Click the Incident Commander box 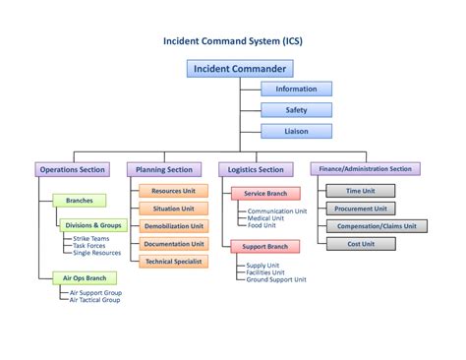point(240,69)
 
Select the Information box point(296,90)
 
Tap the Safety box point(296,110)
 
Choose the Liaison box point(296,131)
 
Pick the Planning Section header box point(164,169)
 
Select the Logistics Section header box point(256,169)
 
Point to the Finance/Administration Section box point(366,169)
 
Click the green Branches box point(79,201)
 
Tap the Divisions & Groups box point(93,225)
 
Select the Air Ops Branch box point(83,278)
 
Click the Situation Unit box point(173,209)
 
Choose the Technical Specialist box point(173,262)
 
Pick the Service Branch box point(264,194)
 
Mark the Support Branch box point(264,246)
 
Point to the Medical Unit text point(267,218)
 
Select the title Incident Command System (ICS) point(233,42)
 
